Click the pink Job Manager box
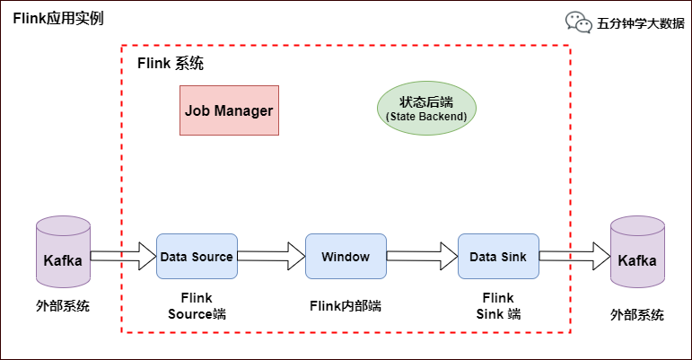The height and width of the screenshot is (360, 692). (229, 110)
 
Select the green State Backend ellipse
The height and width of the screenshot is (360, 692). (425, 110)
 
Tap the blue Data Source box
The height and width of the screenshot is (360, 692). (197, 257)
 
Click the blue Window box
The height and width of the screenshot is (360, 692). (346, 257)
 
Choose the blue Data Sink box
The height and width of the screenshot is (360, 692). (498, 257)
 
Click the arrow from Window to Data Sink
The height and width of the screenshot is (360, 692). (422, 256)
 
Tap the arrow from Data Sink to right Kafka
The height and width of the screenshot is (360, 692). (573, 256)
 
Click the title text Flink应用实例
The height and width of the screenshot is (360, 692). (58, 19)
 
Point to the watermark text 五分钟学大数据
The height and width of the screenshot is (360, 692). (640, 23)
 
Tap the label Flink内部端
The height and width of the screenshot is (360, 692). (346, 305)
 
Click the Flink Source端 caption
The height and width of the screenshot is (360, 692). (197, 306)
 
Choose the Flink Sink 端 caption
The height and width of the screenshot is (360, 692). (498, 306)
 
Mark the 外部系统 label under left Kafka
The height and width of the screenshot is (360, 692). (63, 305)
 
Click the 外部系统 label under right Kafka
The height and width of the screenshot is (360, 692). (637, 314)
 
